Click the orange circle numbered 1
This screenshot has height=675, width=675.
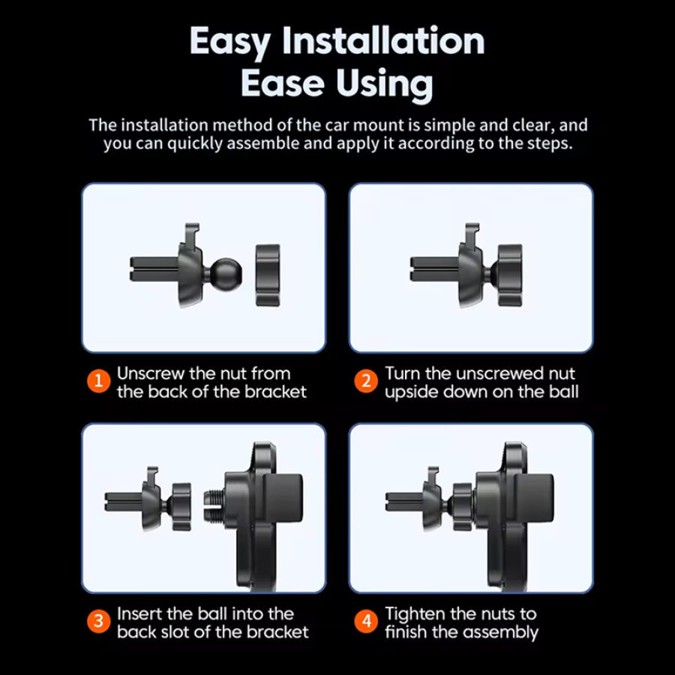tap(98, 381)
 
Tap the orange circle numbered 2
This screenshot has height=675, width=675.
tap(366, 381)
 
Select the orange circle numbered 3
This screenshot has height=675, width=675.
tap(98, 621)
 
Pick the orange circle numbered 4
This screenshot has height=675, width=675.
tap(366, 621)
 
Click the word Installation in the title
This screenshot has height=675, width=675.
tap(383, 41)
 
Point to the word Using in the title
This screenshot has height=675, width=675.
tap(385, 84)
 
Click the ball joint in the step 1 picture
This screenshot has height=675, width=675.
tap(226, 275)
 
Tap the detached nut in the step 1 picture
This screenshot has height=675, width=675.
tap(268, 275)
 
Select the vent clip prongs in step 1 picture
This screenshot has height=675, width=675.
tap(154, 269)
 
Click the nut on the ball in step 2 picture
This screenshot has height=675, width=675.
tap(510, 275)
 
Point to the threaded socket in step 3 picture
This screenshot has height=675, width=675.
tap(214, 507)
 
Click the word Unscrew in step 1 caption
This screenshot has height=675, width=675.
tap(150, 373)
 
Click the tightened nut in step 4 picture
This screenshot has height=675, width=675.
tap(463, 507)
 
